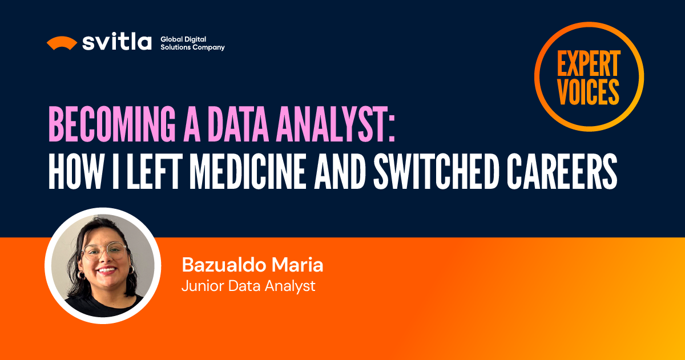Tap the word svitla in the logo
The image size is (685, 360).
pyautogui.click(x=117, y=42)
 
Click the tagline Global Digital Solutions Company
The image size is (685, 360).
pyautogui.click(x=193, y=43)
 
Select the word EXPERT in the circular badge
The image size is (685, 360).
pyautogui.click(x=589, y=63)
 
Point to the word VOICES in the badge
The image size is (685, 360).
pyautogui.click(x=589, y=92)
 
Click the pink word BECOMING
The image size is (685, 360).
pyautogui.click(x=112, y=124)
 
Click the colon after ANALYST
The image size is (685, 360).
pyautogui.click(x=392, y=128)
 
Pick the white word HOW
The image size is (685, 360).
pyautogui.click(x=75, y=172)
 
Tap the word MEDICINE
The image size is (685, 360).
pyautogui.click(x=248, y=172)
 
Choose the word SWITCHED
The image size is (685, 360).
pyautogui.click(x=436, y=172)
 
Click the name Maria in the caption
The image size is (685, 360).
pyautogui.click(x=297, y=265)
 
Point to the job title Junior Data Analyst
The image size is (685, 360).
pyautogui.click(x=248, y=286)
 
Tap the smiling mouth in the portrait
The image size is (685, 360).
pyautogui.click(x=107, y=270)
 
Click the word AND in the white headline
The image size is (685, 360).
pyautogui.click(x=340, y=172)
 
